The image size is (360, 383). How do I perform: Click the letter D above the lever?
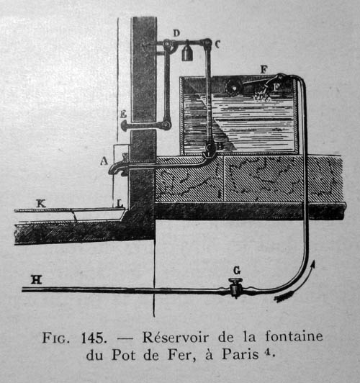pyautogui.click(x=176, y=33)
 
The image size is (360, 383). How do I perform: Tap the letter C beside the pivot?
pyautogui.click(x=217, y=44)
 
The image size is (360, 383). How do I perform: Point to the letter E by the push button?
pyautogui.click(x=123, y=114)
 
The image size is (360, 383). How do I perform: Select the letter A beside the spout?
pyautogui.click(x=104, y=161)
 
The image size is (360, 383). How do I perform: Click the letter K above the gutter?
pyautogui.click(x=41, y=204)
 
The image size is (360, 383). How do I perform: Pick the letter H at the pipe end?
pyautogui.click(x=37, y=279)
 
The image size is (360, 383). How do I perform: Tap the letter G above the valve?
pyautogui.click(x=237, y=271)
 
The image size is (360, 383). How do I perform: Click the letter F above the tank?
pyautogui.click(x=264, y=70)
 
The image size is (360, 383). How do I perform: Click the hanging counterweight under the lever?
pyautogui.click(x=187, y=53)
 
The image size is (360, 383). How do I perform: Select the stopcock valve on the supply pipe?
pyautogui.click(x=235, y=288)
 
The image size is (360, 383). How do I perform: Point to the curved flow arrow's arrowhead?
pyautogui.click(x=312, y=264)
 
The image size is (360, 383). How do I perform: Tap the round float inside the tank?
pyautogui.click(x=233, y=87)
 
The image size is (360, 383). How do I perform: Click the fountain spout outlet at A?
pyautogui.click(x=113, y=169)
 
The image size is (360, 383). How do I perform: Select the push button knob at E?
pyautogui.click(x=124, y=125)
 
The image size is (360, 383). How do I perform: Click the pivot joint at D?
pyautogui.click(x=168, y=44)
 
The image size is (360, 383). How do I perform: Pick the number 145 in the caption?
pyautogui.click(x=94, y=338)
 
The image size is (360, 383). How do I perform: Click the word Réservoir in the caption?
pyautogui.click(x=176, y=337)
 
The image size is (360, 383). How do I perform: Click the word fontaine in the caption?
pyautogui.click(x=294, y=336)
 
